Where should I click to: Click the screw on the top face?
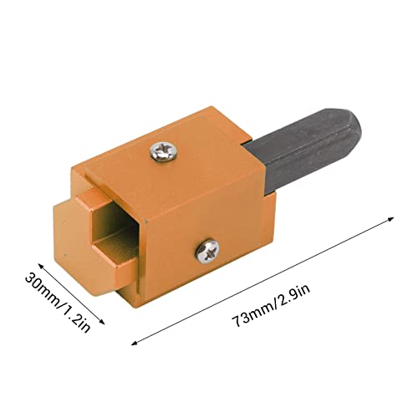[164, 151]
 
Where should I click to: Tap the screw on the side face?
[207, 251]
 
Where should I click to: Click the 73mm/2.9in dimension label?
[271, 306]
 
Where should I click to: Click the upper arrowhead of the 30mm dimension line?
[41, 266]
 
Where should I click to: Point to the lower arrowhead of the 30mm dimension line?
[102, 322]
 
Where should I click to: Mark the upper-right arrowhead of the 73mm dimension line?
[390, 219]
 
